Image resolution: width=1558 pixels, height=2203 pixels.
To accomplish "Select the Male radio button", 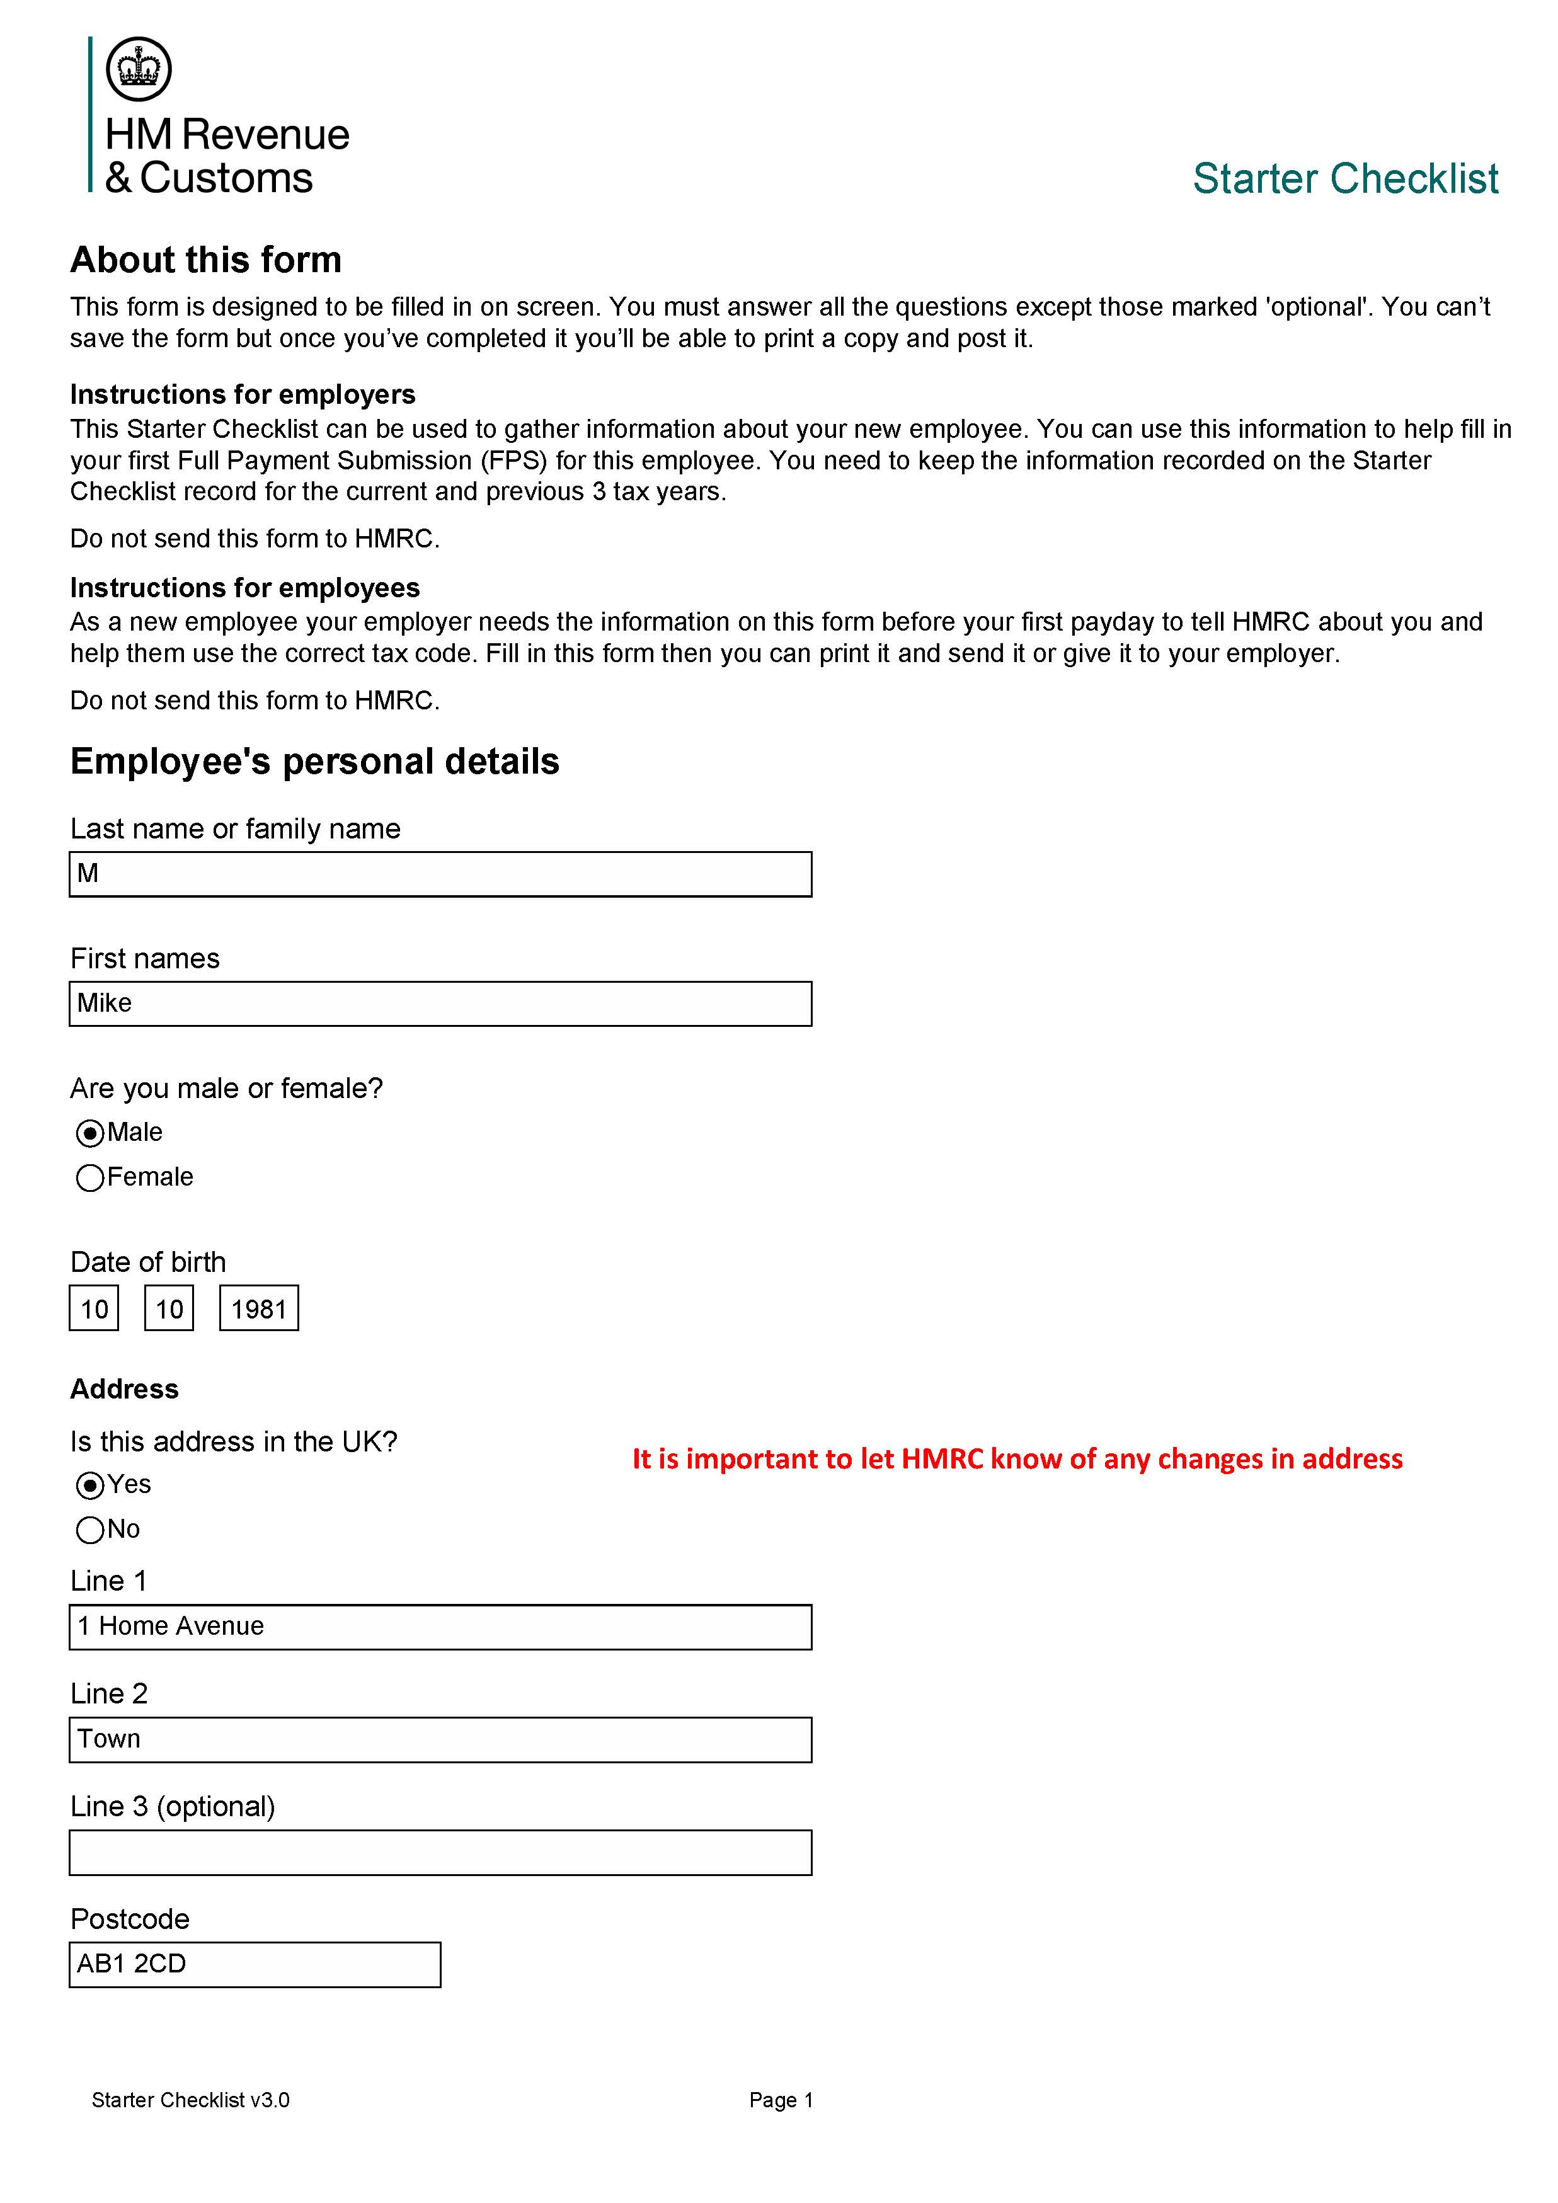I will [x=89, y=1133].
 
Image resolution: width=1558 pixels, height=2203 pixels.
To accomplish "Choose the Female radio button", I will [x=89, y=1177].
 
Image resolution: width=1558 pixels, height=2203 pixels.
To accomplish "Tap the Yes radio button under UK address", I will [x=89, y=1485].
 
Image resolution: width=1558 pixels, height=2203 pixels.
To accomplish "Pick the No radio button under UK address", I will [x=89, y=1530].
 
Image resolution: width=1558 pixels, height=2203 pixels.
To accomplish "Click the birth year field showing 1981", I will [x=259, y=1308].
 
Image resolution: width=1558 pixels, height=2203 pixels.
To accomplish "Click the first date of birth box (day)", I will [x=94, y=1308].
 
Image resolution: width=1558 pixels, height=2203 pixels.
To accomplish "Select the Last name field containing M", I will [x=440, y=874].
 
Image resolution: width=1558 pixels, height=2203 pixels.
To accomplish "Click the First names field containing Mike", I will [x=440, y=1004].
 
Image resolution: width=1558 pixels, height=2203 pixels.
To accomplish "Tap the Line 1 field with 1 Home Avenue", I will [x=440, y=1627].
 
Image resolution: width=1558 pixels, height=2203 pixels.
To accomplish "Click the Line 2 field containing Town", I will [x=440, y=1739].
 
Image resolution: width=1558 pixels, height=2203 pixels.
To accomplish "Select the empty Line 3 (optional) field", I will [x=440, y=1853].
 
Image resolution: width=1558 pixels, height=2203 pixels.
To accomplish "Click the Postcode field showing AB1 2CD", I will [x=255, y=1965].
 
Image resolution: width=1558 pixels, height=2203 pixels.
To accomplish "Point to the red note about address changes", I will [x=1017, y=1460].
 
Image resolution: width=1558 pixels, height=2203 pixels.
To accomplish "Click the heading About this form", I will [x=205, y=260].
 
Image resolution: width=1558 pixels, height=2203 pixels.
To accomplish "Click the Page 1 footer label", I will [x=781, y=2100].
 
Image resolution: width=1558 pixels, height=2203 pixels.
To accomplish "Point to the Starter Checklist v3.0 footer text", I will [x=190, y=2100].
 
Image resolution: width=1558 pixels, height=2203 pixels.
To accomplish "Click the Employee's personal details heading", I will [x=314, y=761].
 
